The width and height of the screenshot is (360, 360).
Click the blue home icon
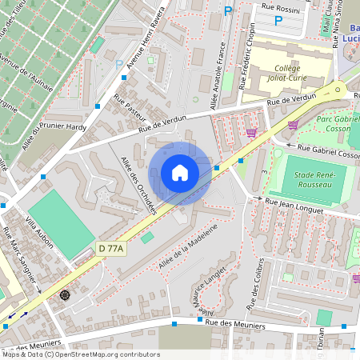click(x=180, y=172)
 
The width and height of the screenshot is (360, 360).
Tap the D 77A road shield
click(x=111, y=249)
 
